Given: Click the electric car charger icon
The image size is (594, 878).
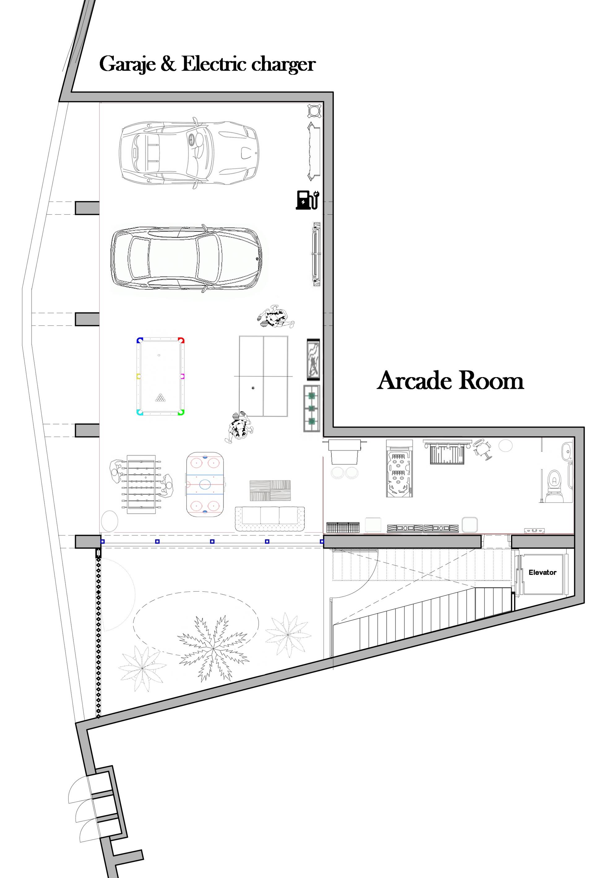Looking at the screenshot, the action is click(x=307, y=200).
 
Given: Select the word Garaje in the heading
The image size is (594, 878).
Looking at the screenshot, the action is click(x=127, y=64).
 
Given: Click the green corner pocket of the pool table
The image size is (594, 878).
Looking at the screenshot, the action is click(x=181, y=412).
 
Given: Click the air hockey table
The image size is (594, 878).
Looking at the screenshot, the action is click(x=205, y=485).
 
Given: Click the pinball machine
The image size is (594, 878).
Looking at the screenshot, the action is click(x=399, y=468).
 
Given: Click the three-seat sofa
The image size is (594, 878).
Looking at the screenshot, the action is click(x=269, y=518).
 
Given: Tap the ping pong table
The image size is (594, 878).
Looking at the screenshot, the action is click(x=263, y=376).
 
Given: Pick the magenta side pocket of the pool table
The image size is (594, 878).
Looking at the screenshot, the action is click(x=182, y=376).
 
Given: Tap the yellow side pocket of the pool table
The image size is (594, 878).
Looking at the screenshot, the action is click(x=139, y=376).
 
